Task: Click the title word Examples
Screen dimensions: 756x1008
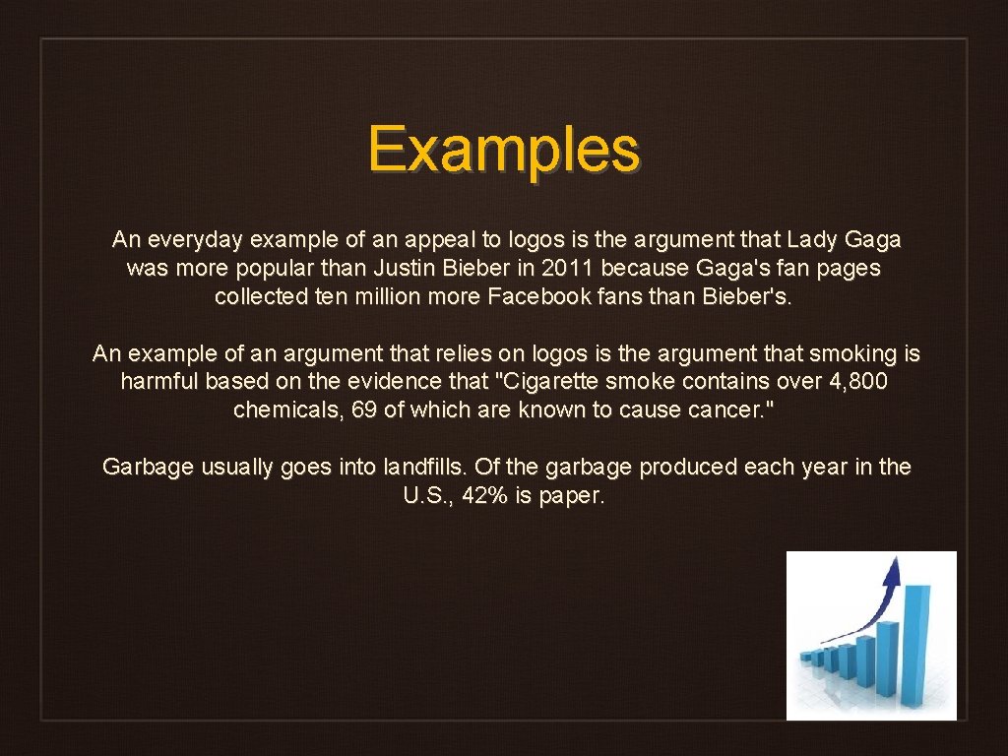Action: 504,150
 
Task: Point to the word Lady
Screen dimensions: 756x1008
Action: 810,239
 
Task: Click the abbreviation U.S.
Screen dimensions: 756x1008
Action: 427,495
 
